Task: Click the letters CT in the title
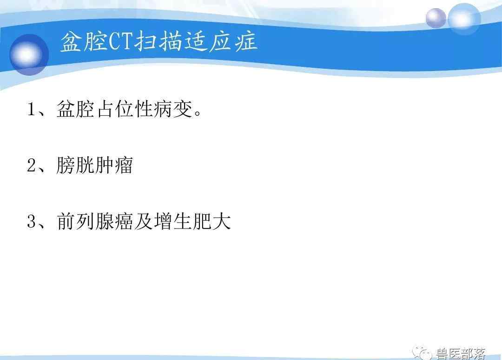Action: [120, 41]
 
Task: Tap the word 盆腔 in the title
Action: [84, 41]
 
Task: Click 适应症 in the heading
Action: [221, 41]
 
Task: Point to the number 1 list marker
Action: [32, 109]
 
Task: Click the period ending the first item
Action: [198, 113]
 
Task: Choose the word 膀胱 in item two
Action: [75, 165]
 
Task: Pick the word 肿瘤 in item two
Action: [114, 165]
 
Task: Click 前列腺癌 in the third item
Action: [95, 221]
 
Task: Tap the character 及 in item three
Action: [144, 221]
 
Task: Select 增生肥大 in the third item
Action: [192, 221]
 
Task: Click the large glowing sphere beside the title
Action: [29, 55]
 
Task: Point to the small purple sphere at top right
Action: [436, 18]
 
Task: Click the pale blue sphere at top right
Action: [464, 19]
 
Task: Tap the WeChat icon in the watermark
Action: [422, 353]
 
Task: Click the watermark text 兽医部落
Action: [461, 353]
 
